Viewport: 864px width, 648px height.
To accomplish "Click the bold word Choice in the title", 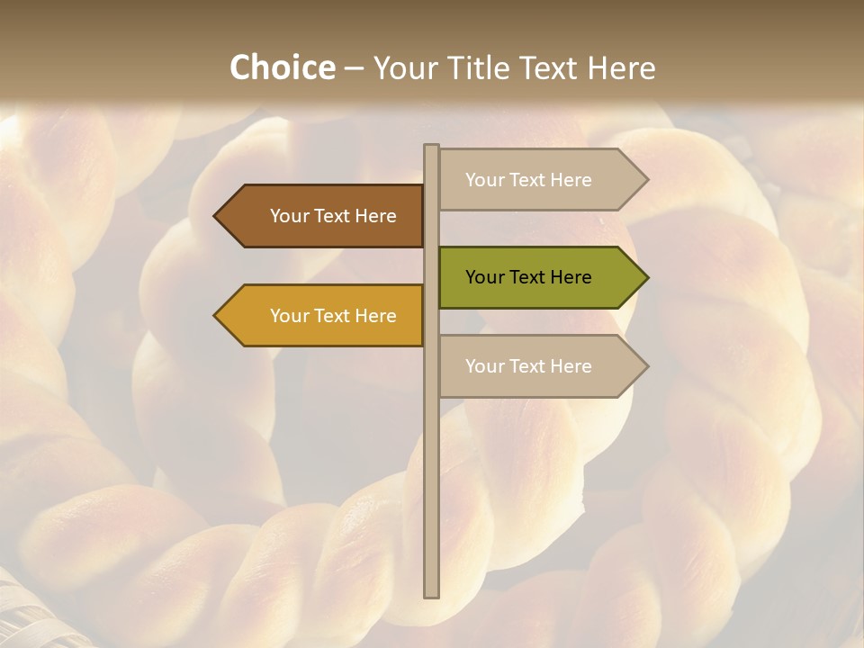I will coord(282,67).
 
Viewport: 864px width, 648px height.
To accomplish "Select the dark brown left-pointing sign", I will coord(319,216).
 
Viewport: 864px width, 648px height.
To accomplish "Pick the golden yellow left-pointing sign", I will coord(319,316).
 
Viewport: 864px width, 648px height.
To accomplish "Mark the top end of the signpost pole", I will coord(432,147).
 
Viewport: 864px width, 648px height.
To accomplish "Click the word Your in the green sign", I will coord(483,277).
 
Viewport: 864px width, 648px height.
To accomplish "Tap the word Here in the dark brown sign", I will coord(374,216).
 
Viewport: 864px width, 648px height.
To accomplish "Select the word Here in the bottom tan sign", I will coord(570,366).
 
